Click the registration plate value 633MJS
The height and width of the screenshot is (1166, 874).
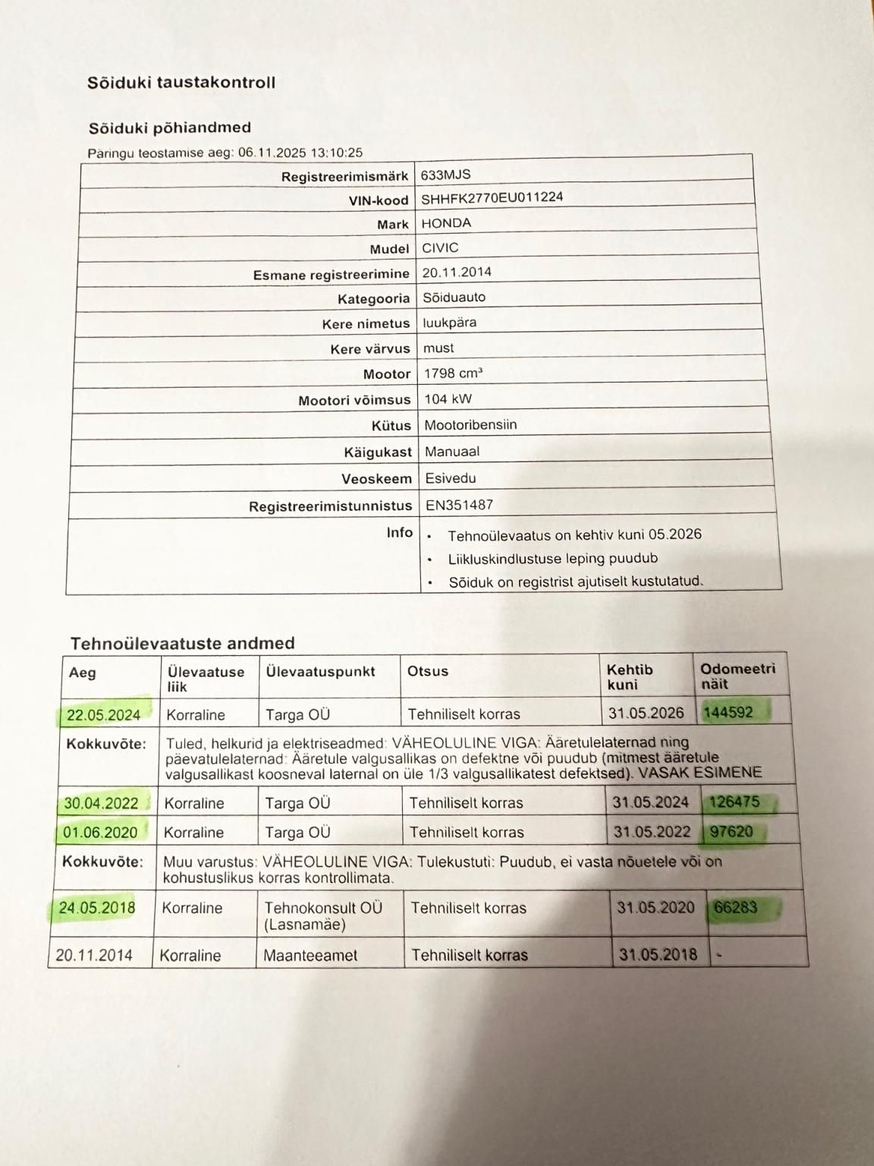pyautogui.click(x=445, y=175)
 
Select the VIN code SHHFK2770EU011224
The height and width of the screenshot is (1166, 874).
pyautogui.click(x=492, y=198)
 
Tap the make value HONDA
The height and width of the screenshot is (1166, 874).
pyautogui.click(x=446, y=223)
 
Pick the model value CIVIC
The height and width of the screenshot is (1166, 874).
pyautogui.click(x=440, y=247)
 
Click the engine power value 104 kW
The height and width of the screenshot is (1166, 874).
pyautogui.click(x=448, y=399)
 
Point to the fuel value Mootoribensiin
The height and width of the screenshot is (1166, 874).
pyautogui.click(x=470, y=424)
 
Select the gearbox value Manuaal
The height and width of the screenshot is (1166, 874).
pyautogui.click(x=452, y=451)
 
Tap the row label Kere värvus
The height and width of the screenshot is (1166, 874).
pyautogui.click(x=369, y=349)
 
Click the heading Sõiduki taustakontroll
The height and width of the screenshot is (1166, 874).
pyautogui.click(x=181, y=83)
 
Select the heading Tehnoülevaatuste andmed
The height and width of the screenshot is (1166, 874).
pyautogui.click(x=182, y=644)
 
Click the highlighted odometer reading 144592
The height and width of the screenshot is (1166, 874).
pyautogui.click(x=728, y=713)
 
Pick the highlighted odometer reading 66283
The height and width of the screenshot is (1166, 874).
pyautogui.click(x=735, y=908)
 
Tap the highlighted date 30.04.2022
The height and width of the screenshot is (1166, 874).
pyautogui.click(x=101, y=803)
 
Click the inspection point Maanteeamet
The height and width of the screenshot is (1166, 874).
pyautogui.click(x=310, y=956)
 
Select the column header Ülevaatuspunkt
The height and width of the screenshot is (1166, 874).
pyautogui.click(x=320, y=671)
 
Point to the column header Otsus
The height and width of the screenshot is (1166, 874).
pyautogui.click(x=428, y=671)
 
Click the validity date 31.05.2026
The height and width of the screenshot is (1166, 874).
pyautogui.click(x=646, y=714)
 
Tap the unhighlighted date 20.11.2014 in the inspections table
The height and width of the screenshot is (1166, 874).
pyautogui.click(x=93, y=955)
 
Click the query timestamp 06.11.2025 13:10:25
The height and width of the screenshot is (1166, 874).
pyautogui.click(x=300, y=153)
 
